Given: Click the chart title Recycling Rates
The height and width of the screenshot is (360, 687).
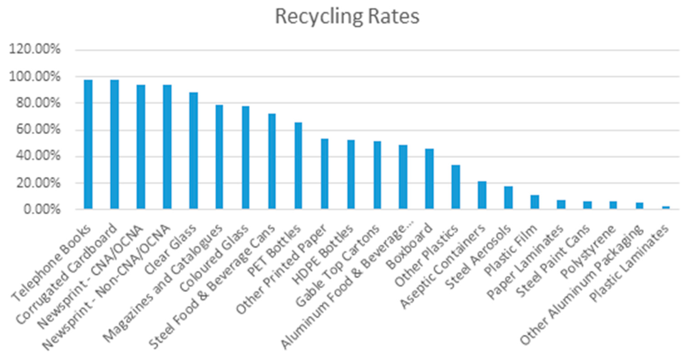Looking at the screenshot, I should [x=347, y=17].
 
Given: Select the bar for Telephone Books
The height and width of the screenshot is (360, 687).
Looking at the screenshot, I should [x=88, y=144].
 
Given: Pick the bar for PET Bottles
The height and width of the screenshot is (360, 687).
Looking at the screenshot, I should [x=298, y=165].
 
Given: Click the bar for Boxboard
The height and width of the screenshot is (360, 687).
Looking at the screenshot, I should [x=429, y=179].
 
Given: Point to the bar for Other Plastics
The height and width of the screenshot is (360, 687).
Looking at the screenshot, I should [x=456, y=187].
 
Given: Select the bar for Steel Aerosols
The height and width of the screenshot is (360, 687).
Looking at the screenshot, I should [x=508, y=197].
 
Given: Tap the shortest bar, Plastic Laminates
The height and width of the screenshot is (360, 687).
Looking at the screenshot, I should [x=666, y=207].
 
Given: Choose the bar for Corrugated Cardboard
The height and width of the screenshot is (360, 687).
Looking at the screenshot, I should [x=114, y=144].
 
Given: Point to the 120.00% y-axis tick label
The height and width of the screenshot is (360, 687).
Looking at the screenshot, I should [x=35, y=49].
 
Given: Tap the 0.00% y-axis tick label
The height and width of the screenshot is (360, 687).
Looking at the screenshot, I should [x=42, y=210].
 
